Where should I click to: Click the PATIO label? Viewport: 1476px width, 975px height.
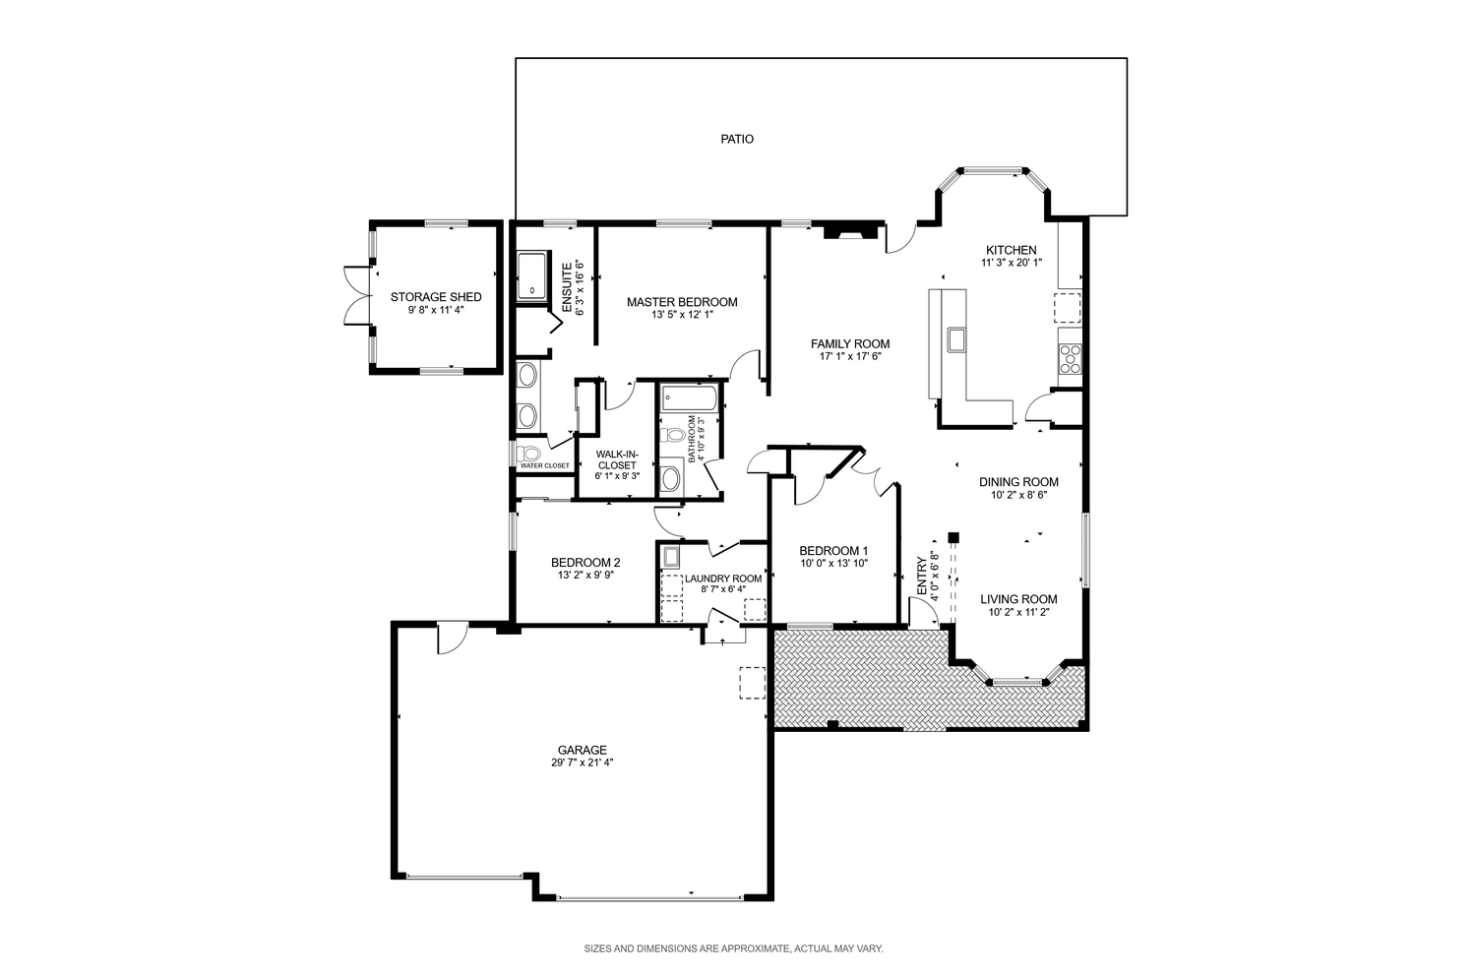point(737,139)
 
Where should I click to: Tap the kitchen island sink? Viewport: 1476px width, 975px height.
point(955,340)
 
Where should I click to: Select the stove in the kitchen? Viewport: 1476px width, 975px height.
point(1071,359)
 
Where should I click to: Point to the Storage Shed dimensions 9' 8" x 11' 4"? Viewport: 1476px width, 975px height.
point(436,310)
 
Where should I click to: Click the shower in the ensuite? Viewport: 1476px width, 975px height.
point(531,275)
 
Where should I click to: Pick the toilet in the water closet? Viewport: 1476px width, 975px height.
point(528,454)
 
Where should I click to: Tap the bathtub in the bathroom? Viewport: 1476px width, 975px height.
point(690,398)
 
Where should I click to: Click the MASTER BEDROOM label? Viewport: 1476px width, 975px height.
point(682,302)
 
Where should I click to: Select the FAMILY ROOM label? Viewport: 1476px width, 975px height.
point(850,344)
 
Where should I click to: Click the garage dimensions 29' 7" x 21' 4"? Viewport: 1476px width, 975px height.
point(582,762)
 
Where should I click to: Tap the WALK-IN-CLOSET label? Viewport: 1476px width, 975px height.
point(617,459)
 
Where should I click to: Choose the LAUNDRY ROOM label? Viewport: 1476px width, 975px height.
point(723,579)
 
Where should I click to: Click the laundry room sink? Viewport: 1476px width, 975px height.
point(671,557)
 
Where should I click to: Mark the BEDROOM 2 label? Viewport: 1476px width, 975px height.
point(585,563)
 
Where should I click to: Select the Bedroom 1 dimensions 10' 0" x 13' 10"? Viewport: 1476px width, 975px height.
point(834,564)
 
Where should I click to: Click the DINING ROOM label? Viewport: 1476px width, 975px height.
point(1018,482)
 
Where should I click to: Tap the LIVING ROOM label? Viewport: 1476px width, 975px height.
point(1018,599)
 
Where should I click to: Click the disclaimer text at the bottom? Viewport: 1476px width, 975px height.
point(733,949)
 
